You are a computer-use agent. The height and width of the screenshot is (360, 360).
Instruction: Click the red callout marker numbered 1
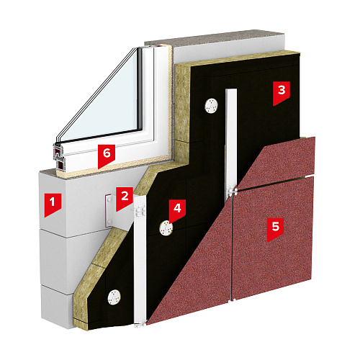[53, 204]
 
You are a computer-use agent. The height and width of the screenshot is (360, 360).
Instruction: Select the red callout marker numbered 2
[125, 199]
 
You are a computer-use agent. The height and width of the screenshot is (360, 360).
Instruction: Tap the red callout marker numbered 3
[282, 93]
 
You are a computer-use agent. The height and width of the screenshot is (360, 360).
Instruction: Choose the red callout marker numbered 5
[276, 229]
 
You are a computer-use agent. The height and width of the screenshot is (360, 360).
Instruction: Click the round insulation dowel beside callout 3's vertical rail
[211, 106]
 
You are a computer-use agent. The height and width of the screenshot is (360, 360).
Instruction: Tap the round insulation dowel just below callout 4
[166, 228]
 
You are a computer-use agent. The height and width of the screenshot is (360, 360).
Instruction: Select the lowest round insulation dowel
[114, 297]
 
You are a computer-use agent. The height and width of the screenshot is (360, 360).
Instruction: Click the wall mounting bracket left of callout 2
[109, 210]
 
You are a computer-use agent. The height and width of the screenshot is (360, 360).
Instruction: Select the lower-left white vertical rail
[140, 259]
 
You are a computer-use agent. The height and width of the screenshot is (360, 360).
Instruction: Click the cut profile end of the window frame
[58, 157]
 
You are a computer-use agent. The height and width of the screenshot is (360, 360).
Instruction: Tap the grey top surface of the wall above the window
[216, 38]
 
